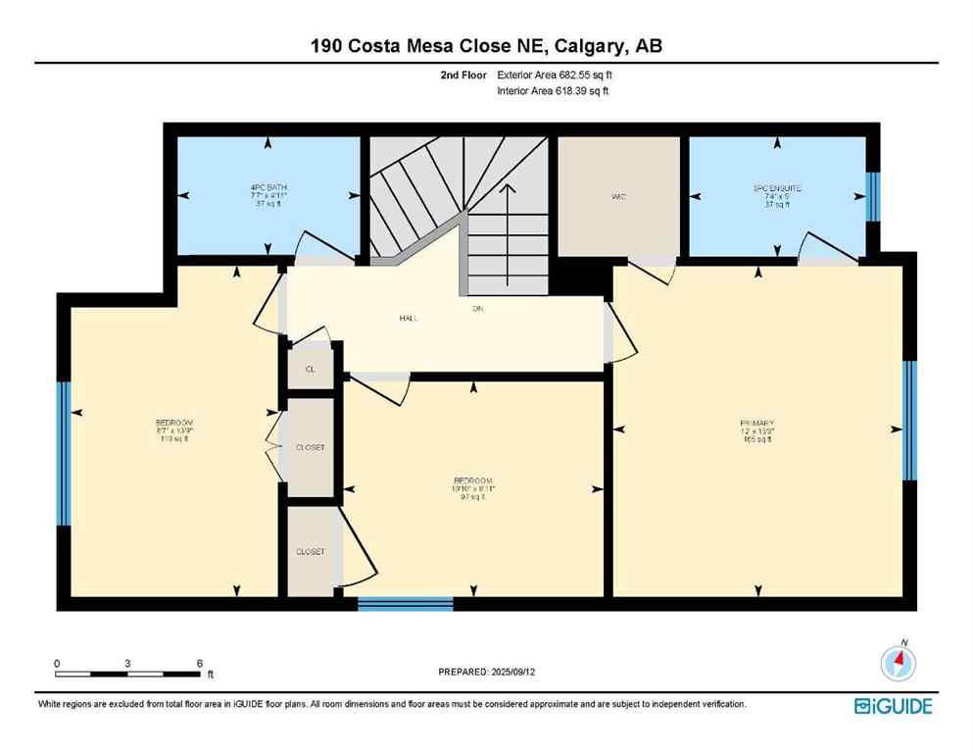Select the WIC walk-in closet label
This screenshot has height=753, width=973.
point(619,197)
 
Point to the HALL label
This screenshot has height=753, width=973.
point(410,319)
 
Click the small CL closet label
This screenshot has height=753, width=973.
point(310,370)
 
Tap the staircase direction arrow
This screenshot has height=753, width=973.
point(508,211)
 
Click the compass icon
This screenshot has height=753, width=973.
point(898,664)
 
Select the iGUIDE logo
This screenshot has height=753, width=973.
point(893,706)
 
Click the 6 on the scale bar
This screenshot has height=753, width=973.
point(200,663)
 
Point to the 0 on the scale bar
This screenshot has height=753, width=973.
point(57,663)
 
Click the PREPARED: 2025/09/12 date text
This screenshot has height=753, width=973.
point(486,672)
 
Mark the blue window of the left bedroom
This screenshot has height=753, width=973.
point(64,454)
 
